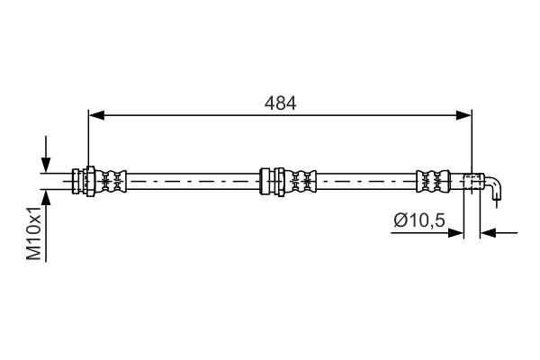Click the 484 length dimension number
point(280,103)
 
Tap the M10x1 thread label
point(34,233)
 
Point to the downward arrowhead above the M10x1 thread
point(44,164)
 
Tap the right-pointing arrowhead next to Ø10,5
point(455,233)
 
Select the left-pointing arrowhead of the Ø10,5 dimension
point(488,233)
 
